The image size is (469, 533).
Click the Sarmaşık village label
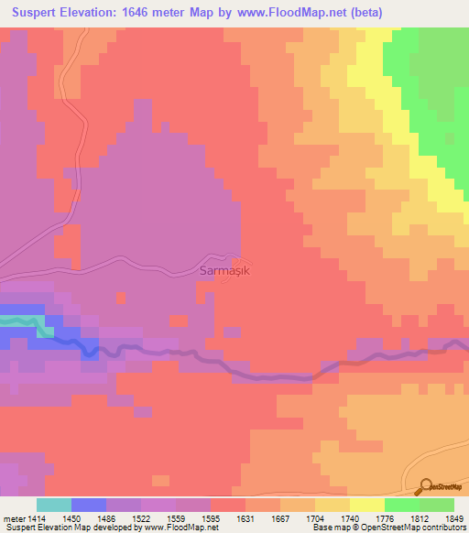(224, 271)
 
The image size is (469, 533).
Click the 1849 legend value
(443, 517)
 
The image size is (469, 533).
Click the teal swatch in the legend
(54, 505)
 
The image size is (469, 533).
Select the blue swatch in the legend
(89, 505)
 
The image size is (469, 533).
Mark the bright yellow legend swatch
(366, 505)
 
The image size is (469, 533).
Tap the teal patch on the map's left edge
(18, 321)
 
